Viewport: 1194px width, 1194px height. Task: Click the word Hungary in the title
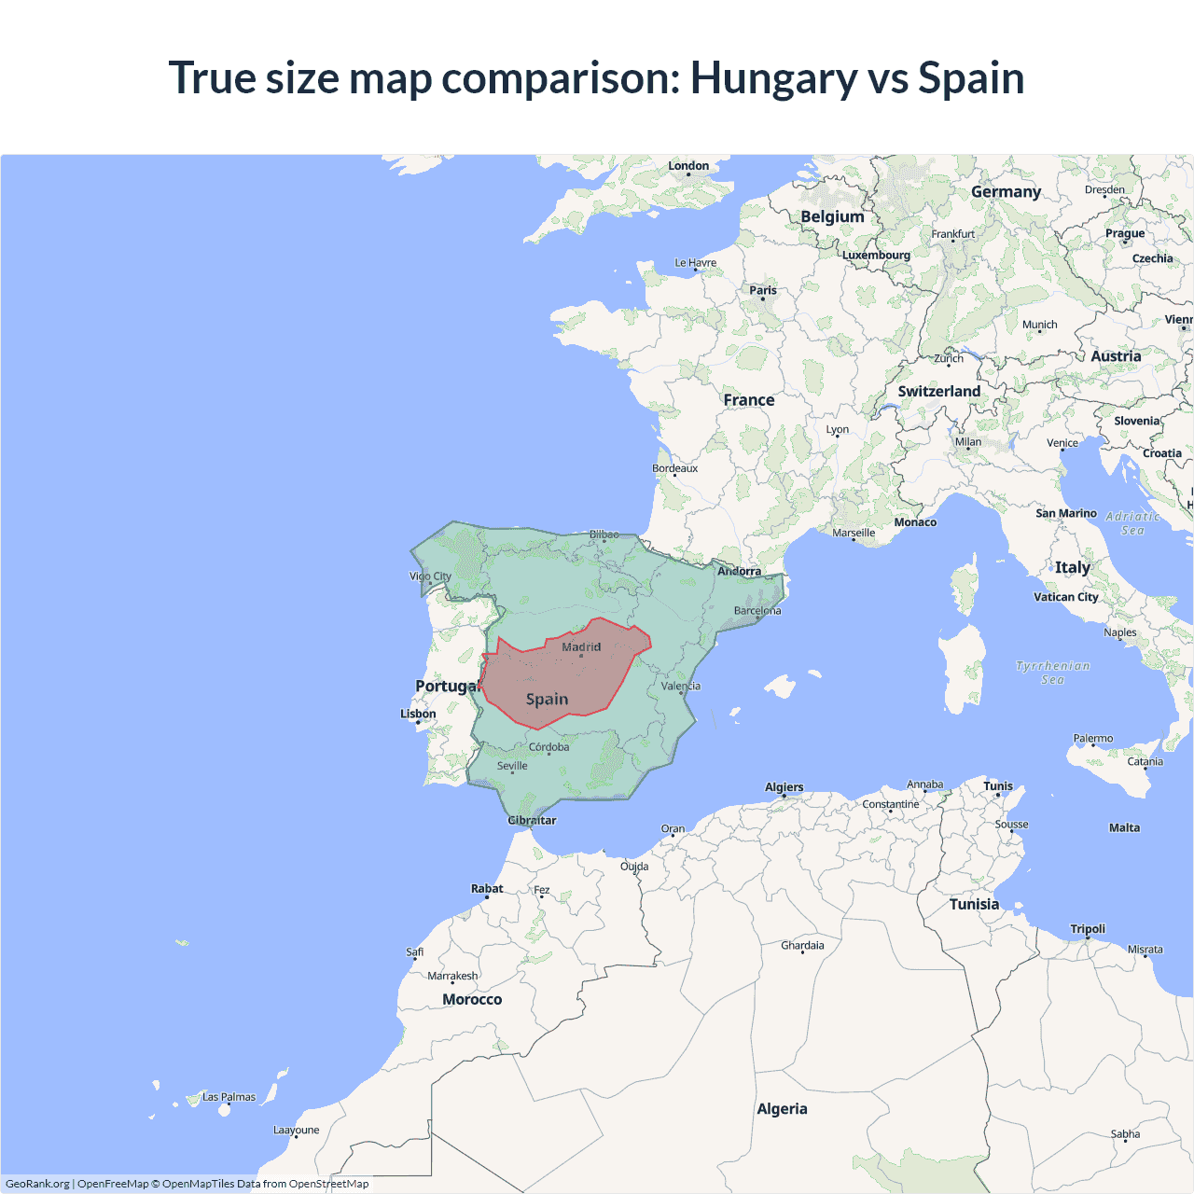pos(772,78)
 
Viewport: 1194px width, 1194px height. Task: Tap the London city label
pos(688,166)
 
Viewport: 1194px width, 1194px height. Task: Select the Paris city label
pos(763,290)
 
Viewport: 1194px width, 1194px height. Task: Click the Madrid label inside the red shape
pos(581,646)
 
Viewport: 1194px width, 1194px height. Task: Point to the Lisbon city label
pos(418,714)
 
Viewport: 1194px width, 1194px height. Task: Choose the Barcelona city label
pos(757,611)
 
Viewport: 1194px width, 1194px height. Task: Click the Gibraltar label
pos(532,821)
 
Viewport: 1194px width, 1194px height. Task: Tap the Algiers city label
pos(784,787)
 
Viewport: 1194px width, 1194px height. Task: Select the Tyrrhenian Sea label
pos(1052,673)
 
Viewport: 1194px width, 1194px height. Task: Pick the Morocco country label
pos(472,999)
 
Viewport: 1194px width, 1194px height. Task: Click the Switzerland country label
pos(938,392)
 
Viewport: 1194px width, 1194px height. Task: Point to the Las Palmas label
pos(229,1097)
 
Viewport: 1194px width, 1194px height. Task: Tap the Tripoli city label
pos(1088,929)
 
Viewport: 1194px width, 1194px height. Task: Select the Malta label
pos(1124,827)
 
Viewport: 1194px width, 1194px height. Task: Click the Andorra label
pos(739,571)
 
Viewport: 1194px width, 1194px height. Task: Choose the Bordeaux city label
pos(675,468)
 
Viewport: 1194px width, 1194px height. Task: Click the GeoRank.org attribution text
pos(37,1184)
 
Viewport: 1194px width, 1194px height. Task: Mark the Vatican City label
pos(1066,597)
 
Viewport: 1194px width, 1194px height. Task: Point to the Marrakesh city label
pos(452,976)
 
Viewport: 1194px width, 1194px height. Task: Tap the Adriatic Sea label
pos(1133,523)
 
